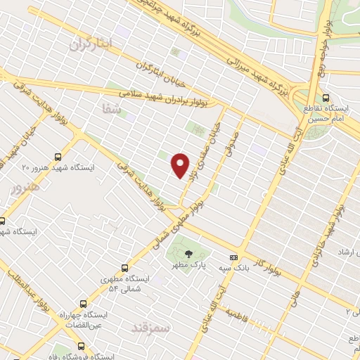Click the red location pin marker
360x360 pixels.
181,165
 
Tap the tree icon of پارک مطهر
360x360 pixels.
188,254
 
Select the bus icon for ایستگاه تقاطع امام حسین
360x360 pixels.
326,98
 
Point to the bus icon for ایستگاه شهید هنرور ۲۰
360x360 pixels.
57,157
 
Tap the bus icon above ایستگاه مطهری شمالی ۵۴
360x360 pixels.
124,268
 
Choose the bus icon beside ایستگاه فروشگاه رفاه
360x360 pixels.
82,346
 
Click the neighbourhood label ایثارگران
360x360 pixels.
91,44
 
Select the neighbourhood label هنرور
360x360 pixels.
21,188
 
